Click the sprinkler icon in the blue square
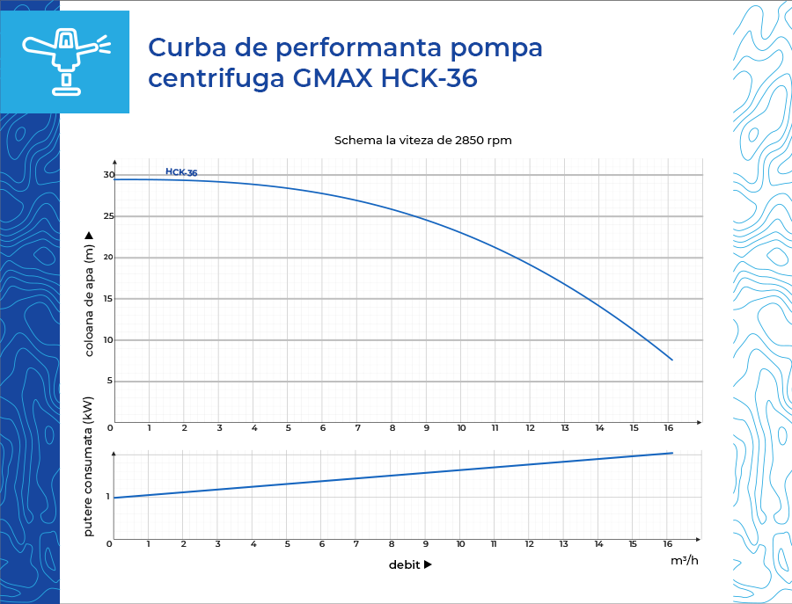pos(65,61)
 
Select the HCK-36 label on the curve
pos(181,172)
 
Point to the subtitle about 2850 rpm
pos(422,141)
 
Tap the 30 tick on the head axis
pos(109,175)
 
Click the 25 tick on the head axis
pos(109,216)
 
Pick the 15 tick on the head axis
pos(109,299)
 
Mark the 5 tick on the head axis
pos(111,382)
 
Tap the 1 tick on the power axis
pos(108,497)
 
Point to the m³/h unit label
pos(684,560)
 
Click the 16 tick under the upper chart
pos(668,428)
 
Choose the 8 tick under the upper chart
pos(392,428)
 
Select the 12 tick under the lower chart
pos(529,544)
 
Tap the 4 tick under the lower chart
pos(253,544)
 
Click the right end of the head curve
pos(672,360)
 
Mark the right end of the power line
pos(672,453)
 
